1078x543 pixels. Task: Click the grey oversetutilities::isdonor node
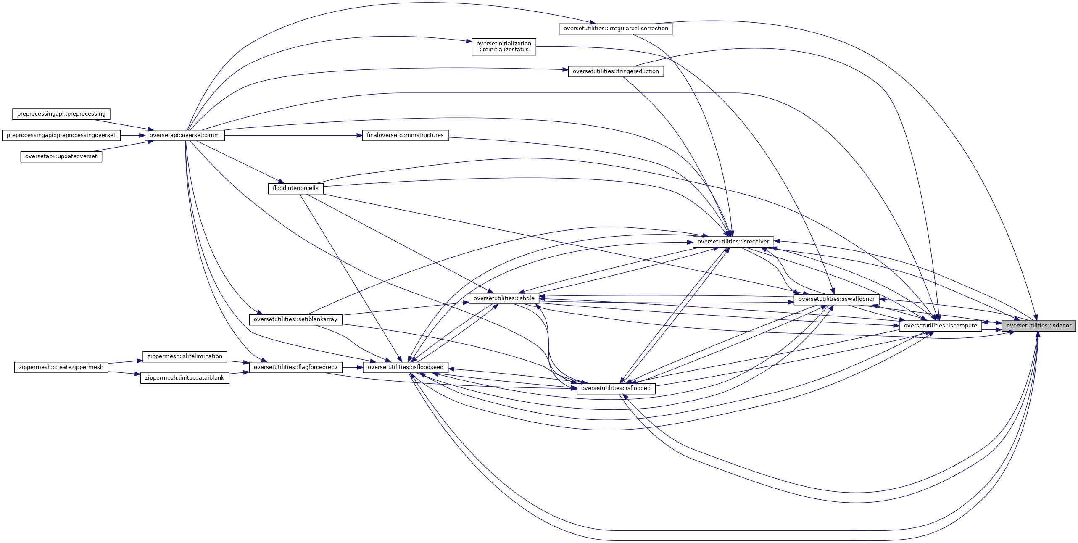point(1038,326)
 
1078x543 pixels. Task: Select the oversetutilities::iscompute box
point(940,326)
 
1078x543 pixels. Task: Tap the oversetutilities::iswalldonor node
point(836,299)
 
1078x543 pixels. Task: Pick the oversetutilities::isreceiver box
point(733,242)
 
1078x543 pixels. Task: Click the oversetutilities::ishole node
point(504,298)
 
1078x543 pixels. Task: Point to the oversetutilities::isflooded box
point(616,388)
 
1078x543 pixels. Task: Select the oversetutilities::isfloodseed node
point(405,367)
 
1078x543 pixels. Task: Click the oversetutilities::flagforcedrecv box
point(295,367)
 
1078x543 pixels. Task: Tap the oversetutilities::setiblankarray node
point(295,319)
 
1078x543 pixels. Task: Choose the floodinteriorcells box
point(295,188)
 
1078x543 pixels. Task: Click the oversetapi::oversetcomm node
point(184,135)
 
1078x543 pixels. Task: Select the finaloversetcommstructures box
point(405,135)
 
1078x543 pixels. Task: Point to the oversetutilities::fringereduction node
point(616,71)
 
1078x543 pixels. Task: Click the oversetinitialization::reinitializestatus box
point(503,47)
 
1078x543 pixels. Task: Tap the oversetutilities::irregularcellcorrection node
point(616,29)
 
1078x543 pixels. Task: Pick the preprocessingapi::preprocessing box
point(61,114)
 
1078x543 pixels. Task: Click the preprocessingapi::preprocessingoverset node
point(61,135)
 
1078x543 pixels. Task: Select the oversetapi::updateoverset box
point(61,156)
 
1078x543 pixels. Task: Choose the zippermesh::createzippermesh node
point(61,367)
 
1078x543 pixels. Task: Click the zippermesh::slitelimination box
point(184,356)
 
